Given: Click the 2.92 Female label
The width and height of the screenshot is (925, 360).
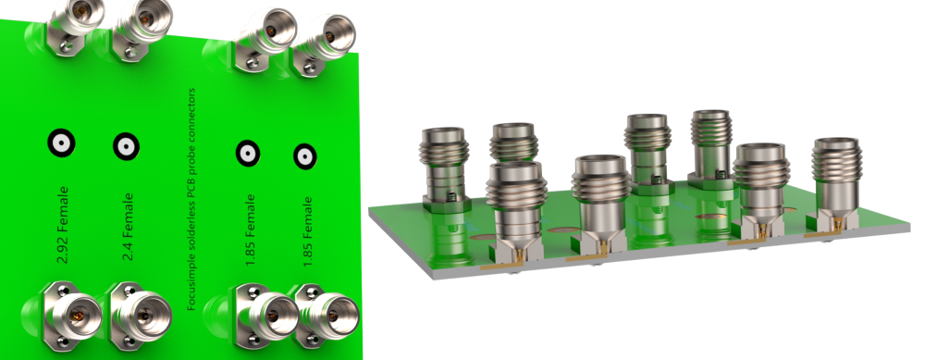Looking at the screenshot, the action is (x=63, y=224).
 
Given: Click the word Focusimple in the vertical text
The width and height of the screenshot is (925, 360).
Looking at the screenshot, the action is (x=191, y=288).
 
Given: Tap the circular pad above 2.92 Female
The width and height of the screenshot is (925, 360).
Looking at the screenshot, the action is (x=61, y=143).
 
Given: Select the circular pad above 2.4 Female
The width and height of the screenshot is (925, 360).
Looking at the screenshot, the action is (x=126, y=146).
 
